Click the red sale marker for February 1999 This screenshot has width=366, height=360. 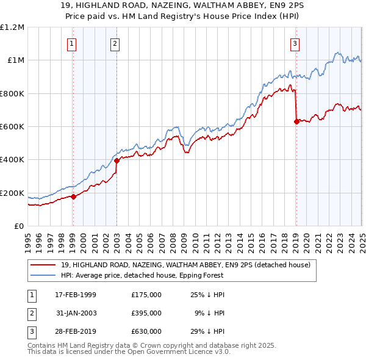coord(73,196)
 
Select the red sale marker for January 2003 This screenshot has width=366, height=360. coord(117,161)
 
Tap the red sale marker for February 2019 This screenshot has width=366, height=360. coord(296,121)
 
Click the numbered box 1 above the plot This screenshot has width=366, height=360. coord(72,43)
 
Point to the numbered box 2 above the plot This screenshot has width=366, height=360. coord(115,43)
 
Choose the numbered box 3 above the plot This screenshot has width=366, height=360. coord(295,43)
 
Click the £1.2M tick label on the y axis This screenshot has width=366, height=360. coord(12,27)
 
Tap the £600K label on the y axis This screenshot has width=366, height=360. coord(12,127)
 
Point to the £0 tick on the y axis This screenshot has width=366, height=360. coord(20,226)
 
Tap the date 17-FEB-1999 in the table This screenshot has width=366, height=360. coord(76,295)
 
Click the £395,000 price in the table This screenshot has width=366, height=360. coord(146,313)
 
